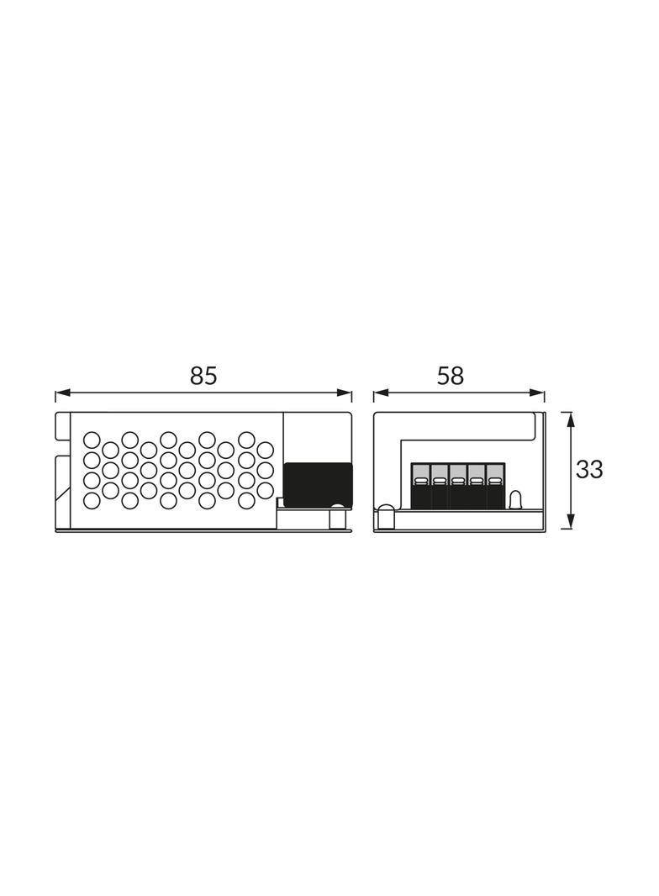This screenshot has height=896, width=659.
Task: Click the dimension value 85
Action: (203, 376)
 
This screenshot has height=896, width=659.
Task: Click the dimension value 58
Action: (451, 376)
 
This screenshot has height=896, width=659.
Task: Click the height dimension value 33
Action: (589, 470)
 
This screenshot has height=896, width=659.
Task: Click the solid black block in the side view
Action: (317, 484)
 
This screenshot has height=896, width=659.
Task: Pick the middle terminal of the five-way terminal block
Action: (458, 486)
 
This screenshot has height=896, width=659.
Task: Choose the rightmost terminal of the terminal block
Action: (495, 486)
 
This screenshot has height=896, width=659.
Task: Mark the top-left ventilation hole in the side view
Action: (91, 440)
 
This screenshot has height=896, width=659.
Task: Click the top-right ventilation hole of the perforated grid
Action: (246, 440)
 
